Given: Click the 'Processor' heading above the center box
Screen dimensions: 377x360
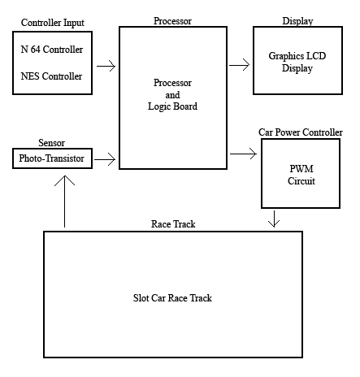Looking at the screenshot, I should tap(172, 19).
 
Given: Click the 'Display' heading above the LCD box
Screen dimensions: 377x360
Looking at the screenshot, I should tap(297, 20).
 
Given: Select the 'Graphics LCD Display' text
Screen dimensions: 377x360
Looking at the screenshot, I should tap(297, 63).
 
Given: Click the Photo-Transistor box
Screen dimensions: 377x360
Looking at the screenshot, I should tap(52, 158).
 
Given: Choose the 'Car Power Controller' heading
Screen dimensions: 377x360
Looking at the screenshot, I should tap(301, 132).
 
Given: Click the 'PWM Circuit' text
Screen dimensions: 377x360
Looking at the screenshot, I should tap(301, 174).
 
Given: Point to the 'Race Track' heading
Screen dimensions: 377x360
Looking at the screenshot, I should tap(173, 223).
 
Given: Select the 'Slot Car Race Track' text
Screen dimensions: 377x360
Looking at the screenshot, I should tap(172, 298).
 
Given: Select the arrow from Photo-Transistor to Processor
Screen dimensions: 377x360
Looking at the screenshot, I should tap(106, 160).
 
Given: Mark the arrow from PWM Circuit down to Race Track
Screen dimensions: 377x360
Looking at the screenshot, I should tap(275, 219).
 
